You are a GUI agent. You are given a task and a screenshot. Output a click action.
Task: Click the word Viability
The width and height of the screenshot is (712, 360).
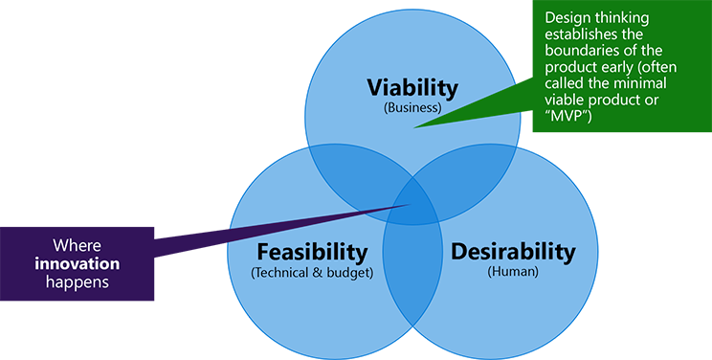[412, 87]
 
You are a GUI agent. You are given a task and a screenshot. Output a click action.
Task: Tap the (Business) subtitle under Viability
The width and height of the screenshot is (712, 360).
[412, 108]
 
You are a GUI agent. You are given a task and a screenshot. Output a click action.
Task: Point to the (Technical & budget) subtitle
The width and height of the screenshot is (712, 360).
[311, 273]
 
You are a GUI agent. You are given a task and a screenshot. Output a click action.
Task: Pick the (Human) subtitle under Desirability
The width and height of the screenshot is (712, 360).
[513, 273]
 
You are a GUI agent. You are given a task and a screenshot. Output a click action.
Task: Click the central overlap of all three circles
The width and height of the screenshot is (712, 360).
[412, 200]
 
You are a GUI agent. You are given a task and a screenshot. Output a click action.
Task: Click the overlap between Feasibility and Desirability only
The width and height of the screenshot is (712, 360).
[412, 278]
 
